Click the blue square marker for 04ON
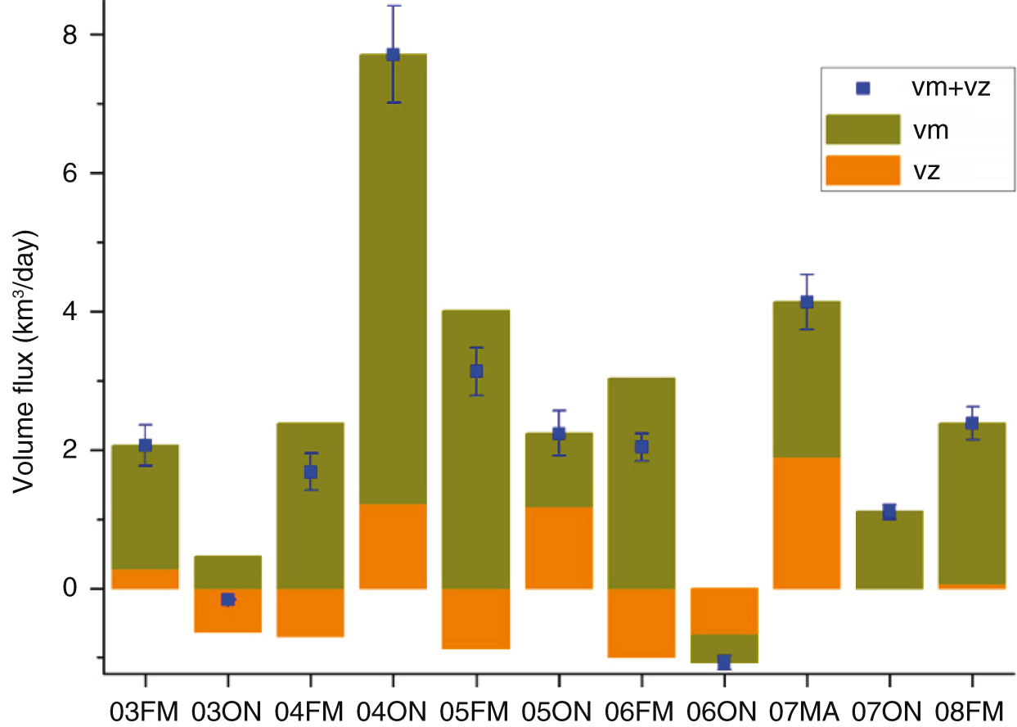point(393,55)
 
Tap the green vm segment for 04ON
point(393,278)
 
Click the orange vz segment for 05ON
point(559,547)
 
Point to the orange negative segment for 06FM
point(641,622)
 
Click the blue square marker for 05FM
point(476,371)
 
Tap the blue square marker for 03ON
point(228,599)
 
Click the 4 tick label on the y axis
point(80,312)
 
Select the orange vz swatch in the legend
point(863,171)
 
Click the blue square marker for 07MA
point(807,302)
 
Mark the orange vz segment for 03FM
point(145,578)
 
